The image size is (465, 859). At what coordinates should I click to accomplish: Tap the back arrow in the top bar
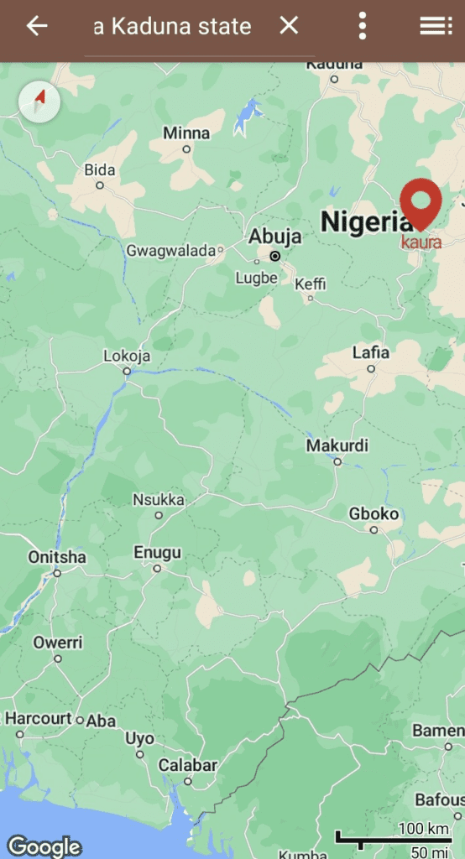(x=37, y=26)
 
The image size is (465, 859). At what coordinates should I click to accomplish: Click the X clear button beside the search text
(x=289, y=26)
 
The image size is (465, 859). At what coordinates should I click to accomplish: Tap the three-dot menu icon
(x=363, y=26)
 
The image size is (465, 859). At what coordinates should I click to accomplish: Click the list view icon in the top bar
(x=436, y=26)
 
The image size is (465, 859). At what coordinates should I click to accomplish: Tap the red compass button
(x=39, y=102)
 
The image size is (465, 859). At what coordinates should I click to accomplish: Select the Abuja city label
(x=274, y=237)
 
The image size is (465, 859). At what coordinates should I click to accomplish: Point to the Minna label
(x=186, y=133)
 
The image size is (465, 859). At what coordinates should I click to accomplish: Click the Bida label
(x=100, y=170)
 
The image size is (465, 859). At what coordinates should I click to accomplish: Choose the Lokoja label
(x=127, y=356)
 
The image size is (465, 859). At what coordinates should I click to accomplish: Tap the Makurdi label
(x=337, y=445)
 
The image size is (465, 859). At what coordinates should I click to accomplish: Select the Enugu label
(x=157, y=553)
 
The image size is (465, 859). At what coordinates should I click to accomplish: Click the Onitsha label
(x=57, y=557)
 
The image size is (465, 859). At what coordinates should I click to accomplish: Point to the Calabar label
(x=188, y=765)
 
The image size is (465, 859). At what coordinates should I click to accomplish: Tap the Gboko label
(x=374, y=513)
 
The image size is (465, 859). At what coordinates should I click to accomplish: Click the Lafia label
(x=370, y=352)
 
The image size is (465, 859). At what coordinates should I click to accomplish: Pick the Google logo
(x=44, y=846)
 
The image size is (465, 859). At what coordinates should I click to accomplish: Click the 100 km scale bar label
(x=423, y=829)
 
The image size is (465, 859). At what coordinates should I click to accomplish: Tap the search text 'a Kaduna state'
(x=172, y=27)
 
